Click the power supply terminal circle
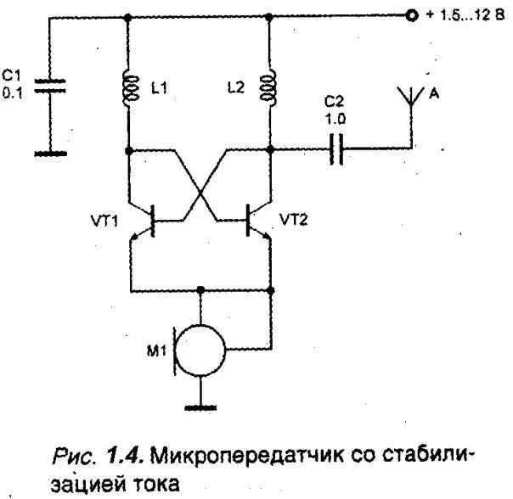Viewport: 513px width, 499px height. (412, 16)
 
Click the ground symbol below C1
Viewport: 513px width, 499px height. (50, 153)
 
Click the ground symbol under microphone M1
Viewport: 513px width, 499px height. (202, 406)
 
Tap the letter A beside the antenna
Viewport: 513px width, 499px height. (433, 94)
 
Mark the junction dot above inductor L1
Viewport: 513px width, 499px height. (128, 16)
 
